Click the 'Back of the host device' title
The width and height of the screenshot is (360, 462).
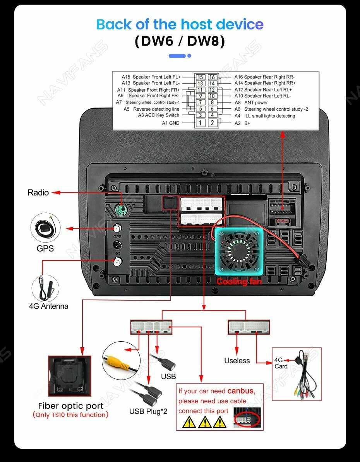tap(180, 24)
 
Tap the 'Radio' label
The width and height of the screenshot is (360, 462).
tap(38, 192)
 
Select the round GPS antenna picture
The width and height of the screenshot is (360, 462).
tap(46, 228)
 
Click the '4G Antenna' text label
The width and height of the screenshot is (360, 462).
tap(48, 306)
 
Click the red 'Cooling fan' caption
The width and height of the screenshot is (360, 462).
tap(239, 281)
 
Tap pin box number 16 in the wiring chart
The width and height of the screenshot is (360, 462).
tap(212, 77)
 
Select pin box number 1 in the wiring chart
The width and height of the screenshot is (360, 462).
tap(200, 123)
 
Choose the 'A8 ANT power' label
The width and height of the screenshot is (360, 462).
tap(251, 103)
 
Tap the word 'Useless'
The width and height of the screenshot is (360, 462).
tap(237, 361)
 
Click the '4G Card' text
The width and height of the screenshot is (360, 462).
tap(281, 363)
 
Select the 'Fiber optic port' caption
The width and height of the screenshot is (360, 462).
tap(70, 406)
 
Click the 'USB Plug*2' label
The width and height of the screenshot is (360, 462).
tap(148, 411)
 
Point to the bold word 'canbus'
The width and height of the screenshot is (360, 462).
tap(241, 391)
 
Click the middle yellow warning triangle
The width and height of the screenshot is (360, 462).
tap(204, 422)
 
